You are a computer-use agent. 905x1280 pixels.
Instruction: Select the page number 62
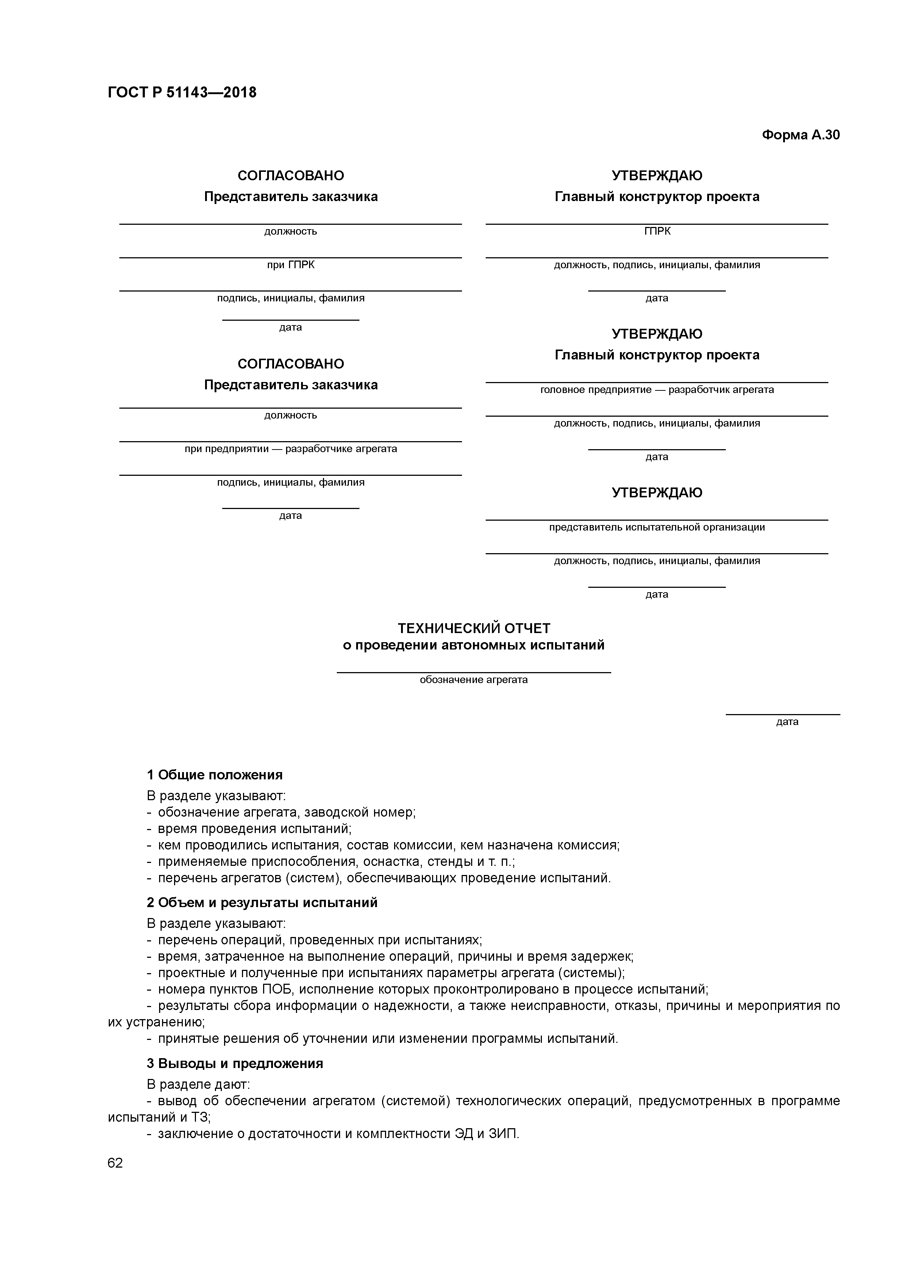pyautogui.click(x=115, y=1163)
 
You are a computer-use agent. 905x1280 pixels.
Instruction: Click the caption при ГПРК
pyautogui.click(x=290, y=265)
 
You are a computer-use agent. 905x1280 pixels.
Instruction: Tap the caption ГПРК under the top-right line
pyautogui.click(x=657, y=231)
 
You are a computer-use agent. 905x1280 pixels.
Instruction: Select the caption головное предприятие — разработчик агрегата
pyautogui.click(x=657, y=390)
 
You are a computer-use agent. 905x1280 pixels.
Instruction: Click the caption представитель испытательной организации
pyautogui.click(x=657, y=527)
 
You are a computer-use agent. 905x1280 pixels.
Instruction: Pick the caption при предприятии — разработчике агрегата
pyautogui.click(x=290, y=449)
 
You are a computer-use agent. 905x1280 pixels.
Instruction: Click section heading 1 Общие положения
pyautogui.click(x=215, y=775)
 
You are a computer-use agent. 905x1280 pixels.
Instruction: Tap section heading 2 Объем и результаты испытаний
pyautogui.click(x=262, y=903)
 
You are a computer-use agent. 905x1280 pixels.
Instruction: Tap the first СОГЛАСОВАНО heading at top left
pyautogui.click(x=290, y=176)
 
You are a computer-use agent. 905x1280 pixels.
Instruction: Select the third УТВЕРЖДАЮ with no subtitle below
pyautogui.click(x=657, y=493)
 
